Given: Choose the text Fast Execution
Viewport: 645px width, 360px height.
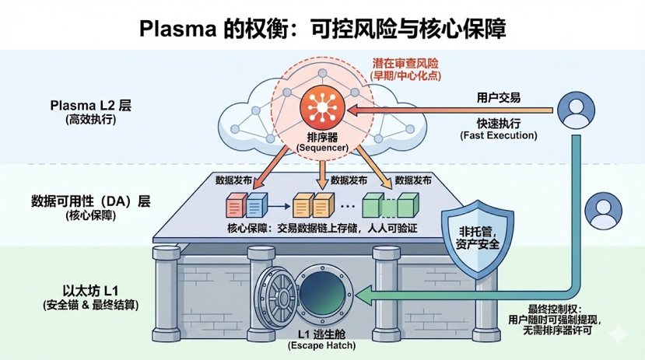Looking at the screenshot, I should [x=499, y=135].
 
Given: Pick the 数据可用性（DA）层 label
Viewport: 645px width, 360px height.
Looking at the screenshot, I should [x=89, y=201].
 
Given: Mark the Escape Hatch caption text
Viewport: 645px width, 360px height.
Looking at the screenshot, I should [x=319, y=344].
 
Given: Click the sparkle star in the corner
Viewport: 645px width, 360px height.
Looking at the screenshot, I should [x=620, y=333].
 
